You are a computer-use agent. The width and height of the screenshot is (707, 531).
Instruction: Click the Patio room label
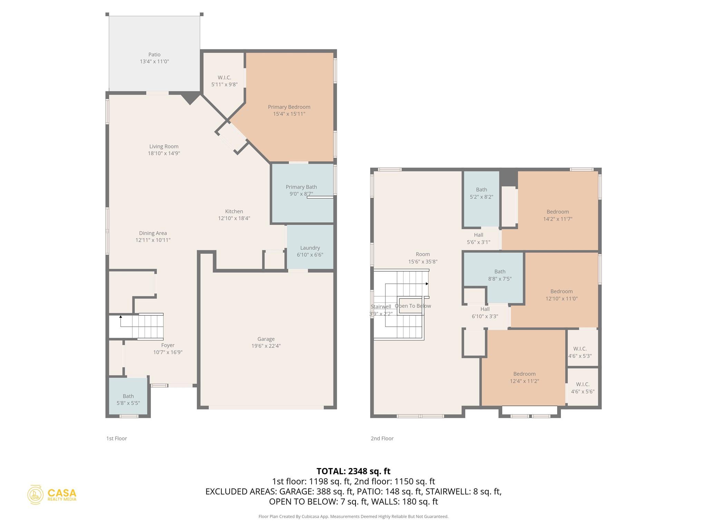tap(154, 55)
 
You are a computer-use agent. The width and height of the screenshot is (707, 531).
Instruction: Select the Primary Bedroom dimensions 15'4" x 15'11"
tap(289, 114)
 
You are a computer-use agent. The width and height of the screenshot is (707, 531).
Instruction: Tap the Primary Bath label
tap(301, 187)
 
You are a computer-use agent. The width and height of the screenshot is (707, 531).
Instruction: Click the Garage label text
tap(266, 339)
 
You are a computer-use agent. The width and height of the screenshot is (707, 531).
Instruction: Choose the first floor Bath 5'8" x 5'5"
tap(128, 400)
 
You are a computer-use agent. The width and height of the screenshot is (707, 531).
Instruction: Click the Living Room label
tap(164, 147)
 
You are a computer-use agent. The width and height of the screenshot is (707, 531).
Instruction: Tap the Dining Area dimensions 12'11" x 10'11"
tap(153, 240)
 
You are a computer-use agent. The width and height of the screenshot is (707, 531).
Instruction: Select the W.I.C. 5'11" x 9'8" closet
tap(224, 81)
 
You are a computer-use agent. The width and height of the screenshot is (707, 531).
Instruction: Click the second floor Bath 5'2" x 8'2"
tap(481, 193)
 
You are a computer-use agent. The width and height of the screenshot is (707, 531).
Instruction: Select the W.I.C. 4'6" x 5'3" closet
tap(582, 352)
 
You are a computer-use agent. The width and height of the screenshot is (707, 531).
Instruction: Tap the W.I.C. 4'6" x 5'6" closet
tap(582, 388)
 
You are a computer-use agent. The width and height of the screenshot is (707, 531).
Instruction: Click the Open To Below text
tap(413, 306)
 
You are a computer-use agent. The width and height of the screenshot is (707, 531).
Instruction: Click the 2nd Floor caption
tap(382, 438)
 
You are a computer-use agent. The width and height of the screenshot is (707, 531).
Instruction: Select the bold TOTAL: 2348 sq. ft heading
tap(353, 471)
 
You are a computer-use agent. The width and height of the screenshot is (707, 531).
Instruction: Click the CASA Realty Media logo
tap(52, 494)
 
